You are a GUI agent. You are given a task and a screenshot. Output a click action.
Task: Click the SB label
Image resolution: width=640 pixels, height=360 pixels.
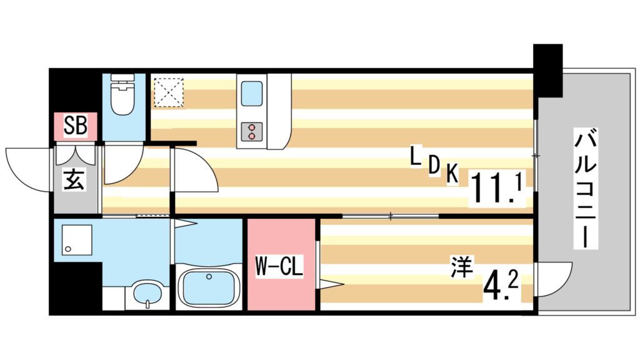point(76,126)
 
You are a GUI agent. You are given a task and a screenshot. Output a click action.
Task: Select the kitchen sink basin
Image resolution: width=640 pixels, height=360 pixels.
point(251,94)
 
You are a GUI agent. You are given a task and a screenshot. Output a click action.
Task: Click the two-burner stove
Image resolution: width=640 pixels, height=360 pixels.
point(251,131)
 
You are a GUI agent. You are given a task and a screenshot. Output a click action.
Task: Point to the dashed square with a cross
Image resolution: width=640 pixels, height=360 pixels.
point(169,93)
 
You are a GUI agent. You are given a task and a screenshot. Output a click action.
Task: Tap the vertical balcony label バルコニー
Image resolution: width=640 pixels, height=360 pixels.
point(586,188)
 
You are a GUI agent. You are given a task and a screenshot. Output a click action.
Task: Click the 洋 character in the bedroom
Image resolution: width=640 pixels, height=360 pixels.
point(462,267)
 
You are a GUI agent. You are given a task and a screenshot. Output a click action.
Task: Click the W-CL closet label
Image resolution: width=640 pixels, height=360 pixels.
point(279,266)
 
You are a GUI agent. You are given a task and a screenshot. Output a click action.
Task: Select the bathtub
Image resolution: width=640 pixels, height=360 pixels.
point(210,288)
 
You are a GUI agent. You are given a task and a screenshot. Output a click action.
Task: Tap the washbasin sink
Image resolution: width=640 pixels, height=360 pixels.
point(147,294)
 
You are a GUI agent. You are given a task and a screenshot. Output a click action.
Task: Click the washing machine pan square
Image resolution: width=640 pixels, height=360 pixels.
point(77,241)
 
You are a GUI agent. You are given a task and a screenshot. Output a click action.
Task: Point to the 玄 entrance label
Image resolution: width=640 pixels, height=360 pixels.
point(74,180)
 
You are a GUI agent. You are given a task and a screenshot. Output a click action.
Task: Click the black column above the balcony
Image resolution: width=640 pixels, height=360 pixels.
point(547,70)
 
